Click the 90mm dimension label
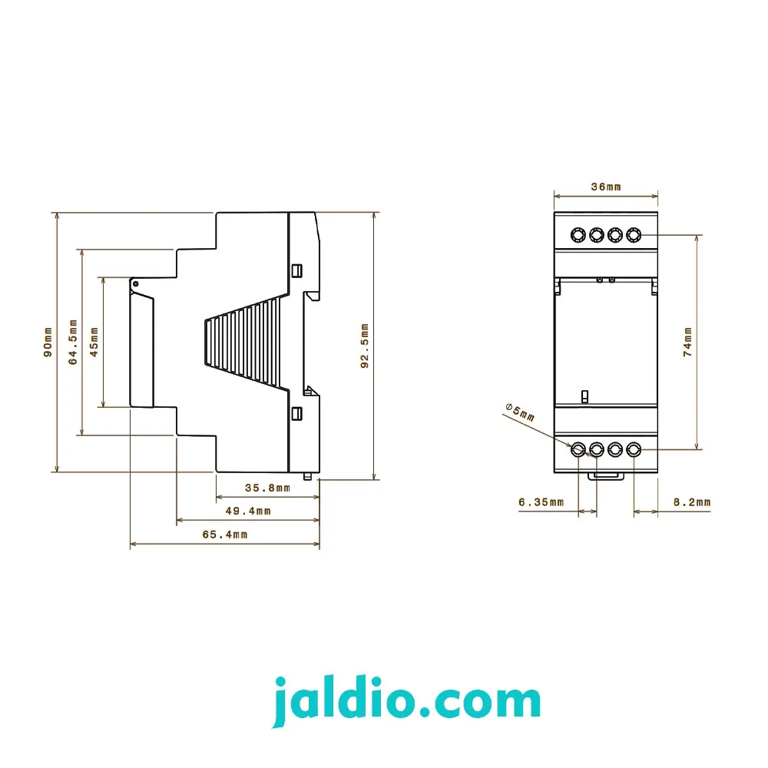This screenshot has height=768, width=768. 48,343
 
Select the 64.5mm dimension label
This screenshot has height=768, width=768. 73,342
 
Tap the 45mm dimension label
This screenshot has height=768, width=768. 94,342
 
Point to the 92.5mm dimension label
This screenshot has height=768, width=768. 364,346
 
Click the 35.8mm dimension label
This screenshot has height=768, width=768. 267,488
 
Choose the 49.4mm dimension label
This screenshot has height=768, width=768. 248,511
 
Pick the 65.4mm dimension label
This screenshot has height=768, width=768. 225,535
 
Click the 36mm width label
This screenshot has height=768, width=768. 606,187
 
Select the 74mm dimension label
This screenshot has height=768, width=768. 687,342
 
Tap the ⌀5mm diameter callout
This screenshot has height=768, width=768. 520,412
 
